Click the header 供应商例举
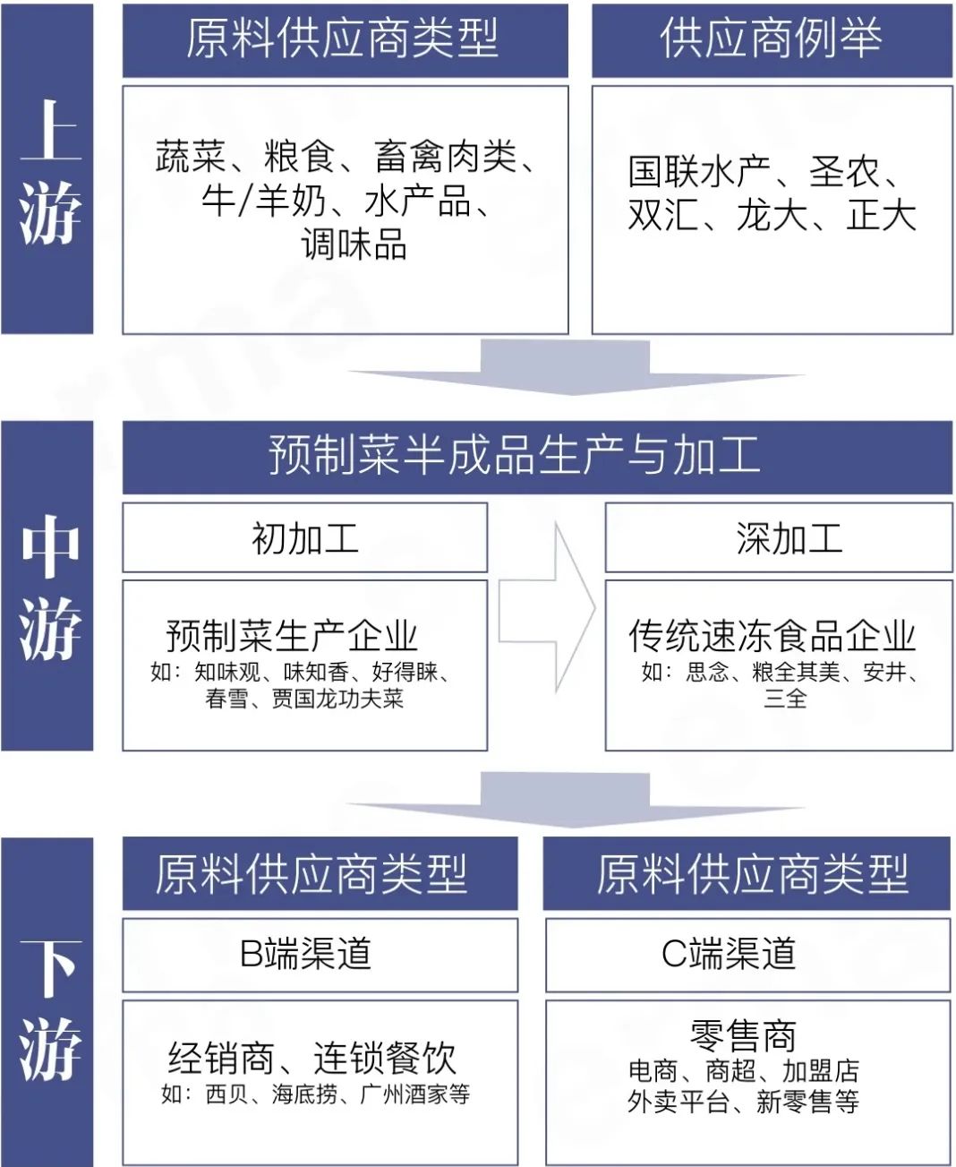pos(772,39)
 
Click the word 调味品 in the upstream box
pos(354,244)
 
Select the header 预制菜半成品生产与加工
pos(515,455)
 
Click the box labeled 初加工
pos(304,537)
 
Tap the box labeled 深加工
pos(779,537)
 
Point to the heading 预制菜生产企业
pos(292,636)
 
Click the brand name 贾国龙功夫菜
pos(337,699)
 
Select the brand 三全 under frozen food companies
pos(785,698)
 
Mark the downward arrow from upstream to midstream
pos(564,367)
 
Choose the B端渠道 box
pos(320,955)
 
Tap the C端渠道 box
pos(747,955)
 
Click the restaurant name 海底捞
pos(304,1094)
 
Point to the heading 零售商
pos(743,1035)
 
